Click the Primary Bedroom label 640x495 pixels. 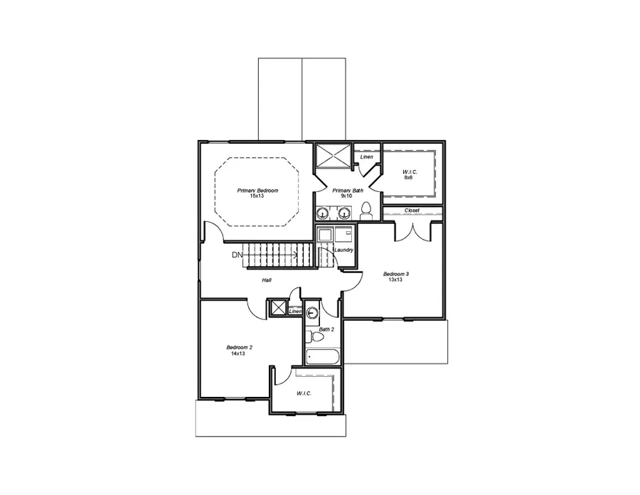(257, 191)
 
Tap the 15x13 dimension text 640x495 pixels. (257, 196)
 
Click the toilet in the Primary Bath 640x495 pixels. (367, 210)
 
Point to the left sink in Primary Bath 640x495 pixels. (324, 213)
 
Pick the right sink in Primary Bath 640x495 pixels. (344, 213)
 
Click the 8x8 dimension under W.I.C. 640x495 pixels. (408, 177)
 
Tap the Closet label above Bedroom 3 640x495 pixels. (412, 211)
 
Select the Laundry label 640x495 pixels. (343, 250)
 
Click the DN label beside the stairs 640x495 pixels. (237, 255)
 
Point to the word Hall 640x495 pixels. (266, 280)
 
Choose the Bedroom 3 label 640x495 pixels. (396, 274)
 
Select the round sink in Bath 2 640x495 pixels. (311, 312)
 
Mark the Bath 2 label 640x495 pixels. (326, 329)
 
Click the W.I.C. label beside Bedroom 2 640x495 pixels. (304, 393)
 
